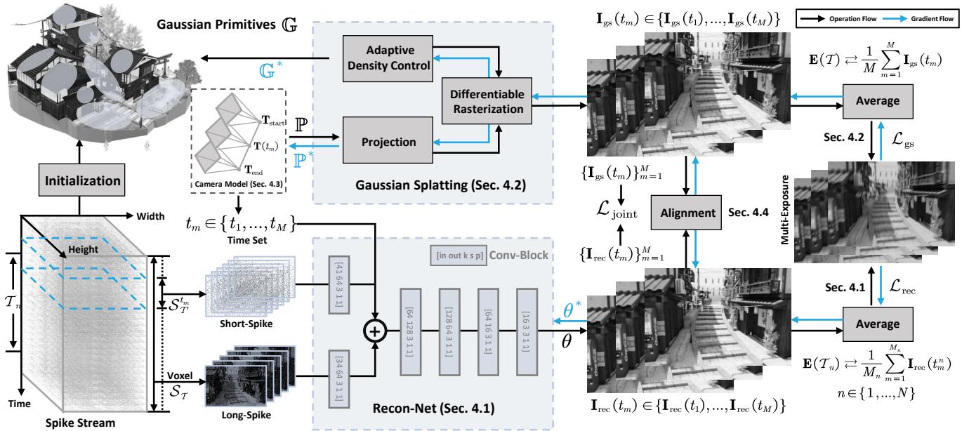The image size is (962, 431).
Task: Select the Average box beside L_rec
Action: (x=870, y=324)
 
